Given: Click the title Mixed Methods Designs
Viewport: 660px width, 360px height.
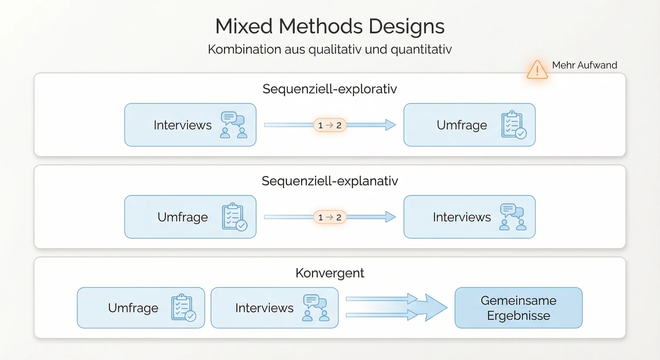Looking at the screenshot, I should point(330,26).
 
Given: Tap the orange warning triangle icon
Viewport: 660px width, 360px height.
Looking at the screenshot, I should point(537,70).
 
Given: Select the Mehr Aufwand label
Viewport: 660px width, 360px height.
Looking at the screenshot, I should point(584,65).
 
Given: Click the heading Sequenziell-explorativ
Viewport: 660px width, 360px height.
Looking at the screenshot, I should point(330,89).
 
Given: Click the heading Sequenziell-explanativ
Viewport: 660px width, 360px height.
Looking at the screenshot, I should point(330,181).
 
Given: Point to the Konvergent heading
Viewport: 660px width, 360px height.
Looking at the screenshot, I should point(330,273).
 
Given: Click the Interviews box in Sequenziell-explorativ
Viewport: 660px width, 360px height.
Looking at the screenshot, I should point(190,125).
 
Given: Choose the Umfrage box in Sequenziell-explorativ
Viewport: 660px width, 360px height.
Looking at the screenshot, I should point(469,125).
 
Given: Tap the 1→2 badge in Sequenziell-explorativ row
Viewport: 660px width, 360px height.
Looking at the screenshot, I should point(330,126).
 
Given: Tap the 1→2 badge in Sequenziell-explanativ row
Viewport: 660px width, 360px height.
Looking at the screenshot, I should point(330,217).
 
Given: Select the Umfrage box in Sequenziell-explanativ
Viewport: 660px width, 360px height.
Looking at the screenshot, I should point(190,217).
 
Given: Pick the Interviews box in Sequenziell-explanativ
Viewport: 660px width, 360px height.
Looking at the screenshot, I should point(469,217).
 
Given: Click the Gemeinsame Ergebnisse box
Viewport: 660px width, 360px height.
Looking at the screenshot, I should point(518,308).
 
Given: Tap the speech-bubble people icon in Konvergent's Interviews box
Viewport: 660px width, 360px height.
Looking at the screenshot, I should point(316,308).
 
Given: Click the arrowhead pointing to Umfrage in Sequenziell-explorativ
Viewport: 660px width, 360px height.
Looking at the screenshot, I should point(390,125).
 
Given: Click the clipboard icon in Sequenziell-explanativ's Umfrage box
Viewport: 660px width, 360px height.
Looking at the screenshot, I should point(234,217).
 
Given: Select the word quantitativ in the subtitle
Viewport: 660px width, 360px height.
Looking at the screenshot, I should point(421,50).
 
